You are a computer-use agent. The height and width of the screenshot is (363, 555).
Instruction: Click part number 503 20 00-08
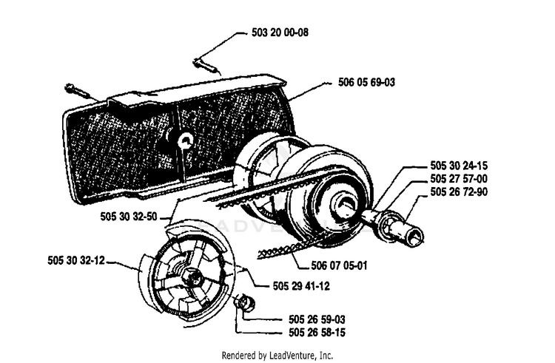[x=280, y=33]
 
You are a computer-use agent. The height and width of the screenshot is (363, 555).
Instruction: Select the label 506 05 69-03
[x=366, y=82]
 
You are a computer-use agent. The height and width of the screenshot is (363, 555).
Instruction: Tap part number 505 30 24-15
[x=459, y=166]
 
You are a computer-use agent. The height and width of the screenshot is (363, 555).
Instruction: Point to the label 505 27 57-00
[x=459, y=178]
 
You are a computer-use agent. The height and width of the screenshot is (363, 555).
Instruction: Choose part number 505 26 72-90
[x=459, y=191]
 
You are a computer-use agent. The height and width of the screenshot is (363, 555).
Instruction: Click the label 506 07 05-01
[x=339, y=265]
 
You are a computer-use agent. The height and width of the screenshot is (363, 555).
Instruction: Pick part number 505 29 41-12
[x=301, y=285]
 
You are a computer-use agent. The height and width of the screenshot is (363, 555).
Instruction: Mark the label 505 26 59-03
[x=317, y=319]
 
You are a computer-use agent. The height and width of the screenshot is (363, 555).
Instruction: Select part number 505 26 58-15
[x=317, y=333]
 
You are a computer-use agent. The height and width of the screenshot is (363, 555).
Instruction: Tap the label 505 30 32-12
[x=76, y=260]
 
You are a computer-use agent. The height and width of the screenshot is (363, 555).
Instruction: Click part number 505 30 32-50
[x=129, y=217]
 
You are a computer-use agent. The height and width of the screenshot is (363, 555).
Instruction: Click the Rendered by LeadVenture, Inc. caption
[x=277, y=355]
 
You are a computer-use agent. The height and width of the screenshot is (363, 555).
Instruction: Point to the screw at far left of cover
[x=77, y=91]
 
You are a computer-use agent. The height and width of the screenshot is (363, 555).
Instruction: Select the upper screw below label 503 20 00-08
[x=205, y=65]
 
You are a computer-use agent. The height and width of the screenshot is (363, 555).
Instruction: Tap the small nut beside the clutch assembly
[x=245, y=303]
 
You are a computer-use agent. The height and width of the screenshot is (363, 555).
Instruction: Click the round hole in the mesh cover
[x=186, y=141]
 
